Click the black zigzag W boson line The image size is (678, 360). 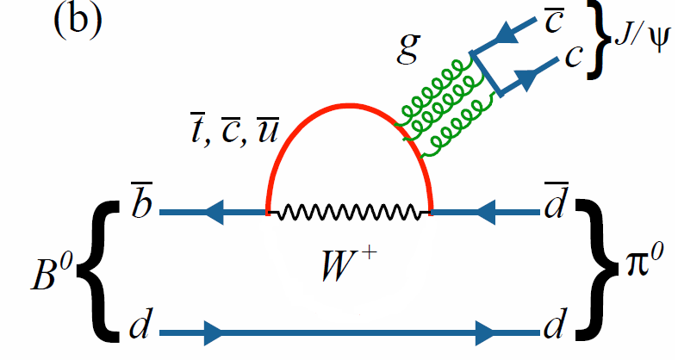tap(348, 211)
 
